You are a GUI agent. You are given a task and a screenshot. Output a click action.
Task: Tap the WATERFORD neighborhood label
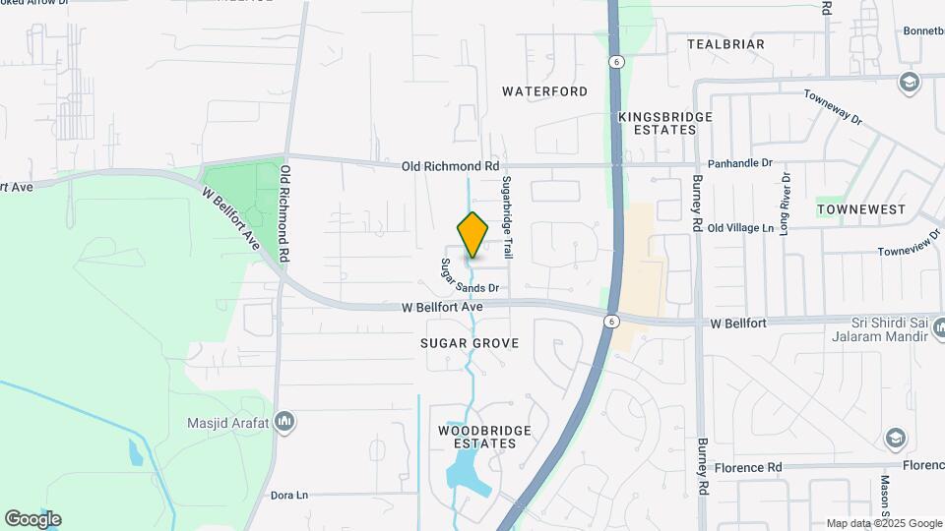(544, 91)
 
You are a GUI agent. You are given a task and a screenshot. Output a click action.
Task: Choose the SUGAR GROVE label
(469, 343)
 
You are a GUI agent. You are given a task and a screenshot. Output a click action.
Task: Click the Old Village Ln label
(740, 228)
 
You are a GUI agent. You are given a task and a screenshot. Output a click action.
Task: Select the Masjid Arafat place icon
(285, 422)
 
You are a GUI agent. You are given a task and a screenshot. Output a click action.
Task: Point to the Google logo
(32, 519)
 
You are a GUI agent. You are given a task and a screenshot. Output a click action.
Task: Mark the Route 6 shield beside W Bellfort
(611, 322)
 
